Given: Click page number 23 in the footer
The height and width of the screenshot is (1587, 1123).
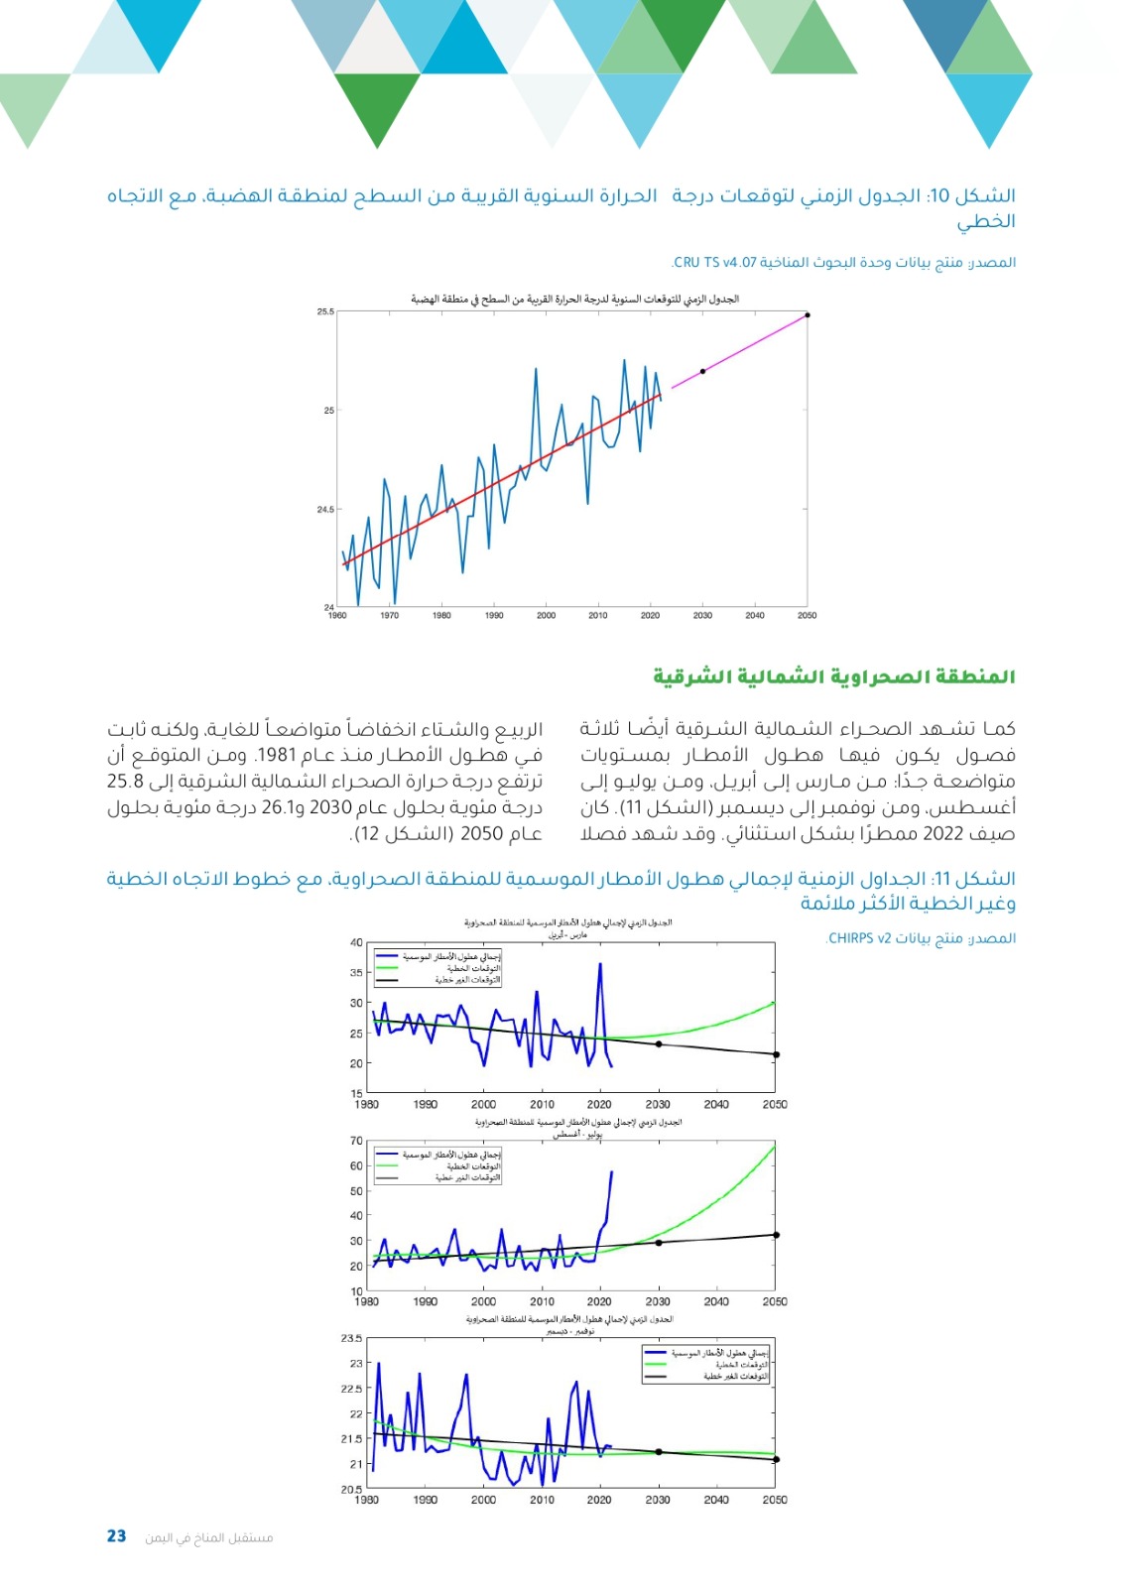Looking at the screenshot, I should coord(117,1536).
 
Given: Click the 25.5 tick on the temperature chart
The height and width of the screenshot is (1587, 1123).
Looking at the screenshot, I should coord(325,311).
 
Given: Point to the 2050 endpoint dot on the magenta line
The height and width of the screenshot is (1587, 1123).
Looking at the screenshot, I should coord(808,315).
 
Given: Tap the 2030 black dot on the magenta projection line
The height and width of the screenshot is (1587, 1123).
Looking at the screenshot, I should coord(702,371).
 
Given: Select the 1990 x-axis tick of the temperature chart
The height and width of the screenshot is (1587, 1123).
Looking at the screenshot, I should coord(494,616).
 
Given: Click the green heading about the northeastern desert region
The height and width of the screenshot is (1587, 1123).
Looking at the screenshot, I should coord(833,677).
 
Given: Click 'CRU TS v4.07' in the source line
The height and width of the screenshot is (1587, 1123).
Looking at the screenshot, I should coord(714,263).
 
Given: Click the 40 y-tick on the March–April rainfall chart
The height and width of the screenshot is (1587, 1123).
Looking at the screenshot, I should coord(356,942).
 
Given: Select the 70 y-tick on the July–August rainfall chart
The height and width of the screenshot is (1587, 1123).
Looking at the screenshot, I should coord(356,1141).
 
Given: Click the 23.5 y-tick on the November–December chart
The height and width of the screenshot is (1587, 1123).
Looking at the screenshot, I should coord(352,1338).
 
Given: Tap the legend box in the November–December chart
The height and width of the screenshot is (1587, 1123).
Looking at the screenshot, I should coord(705,1364).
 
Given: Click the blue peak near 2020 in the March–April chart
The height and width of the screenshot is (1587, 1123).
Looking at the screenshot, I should coord(600,963).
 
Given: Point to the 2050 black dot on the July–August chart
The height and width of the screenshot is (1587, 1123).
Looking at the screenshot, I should coord(776,1235).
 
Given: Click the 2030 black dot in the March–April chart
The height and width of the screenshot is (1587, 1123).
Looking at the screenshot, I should coord(658,1044).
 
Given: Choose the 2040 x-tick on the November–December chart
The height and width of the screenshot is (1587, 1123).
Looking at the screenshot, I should coord(716,1500).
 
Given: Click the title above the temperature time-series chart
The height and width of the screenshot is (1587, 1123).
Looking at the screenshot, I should coord(574,299).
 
